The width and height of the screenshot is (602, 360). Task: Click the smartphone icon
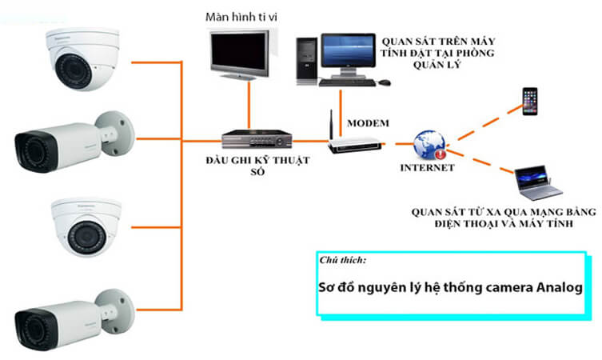(530, 102)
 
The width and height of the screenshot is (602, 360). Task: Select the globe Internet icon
(429, 145)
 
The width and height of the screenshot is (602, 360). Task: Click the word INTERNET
(427, 168)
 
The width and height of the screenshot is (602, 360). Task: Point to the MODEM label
(369, 123)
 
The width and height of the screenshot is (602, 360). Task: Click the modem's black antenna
(331, 126)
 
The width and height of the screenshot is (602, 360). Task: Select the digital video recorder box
(257, 139)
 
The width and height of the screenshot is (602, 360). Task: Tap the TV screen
(239, 50)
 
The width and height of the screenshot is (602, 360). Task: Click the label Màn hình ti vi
(241, 17)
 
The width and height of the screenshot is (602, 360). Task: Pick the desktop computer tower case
(307, 61)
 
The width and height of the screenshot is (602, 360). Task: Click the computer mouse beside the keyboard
(385, 82)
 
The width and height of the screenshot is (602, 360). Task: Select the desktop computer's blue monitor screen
(349, 51)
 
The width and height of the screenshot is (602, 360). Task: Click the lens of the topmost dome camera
(74, 69)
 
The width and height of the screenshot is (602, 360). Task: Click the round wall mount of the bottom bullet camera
(115, 311)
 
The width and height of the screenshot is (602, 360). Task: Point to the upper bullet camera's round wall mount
(115, 133)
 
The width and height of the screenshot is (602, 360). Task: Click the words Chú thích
(342, 261)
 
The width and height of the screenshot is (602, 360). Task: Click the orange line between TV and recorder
(249, 106)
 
